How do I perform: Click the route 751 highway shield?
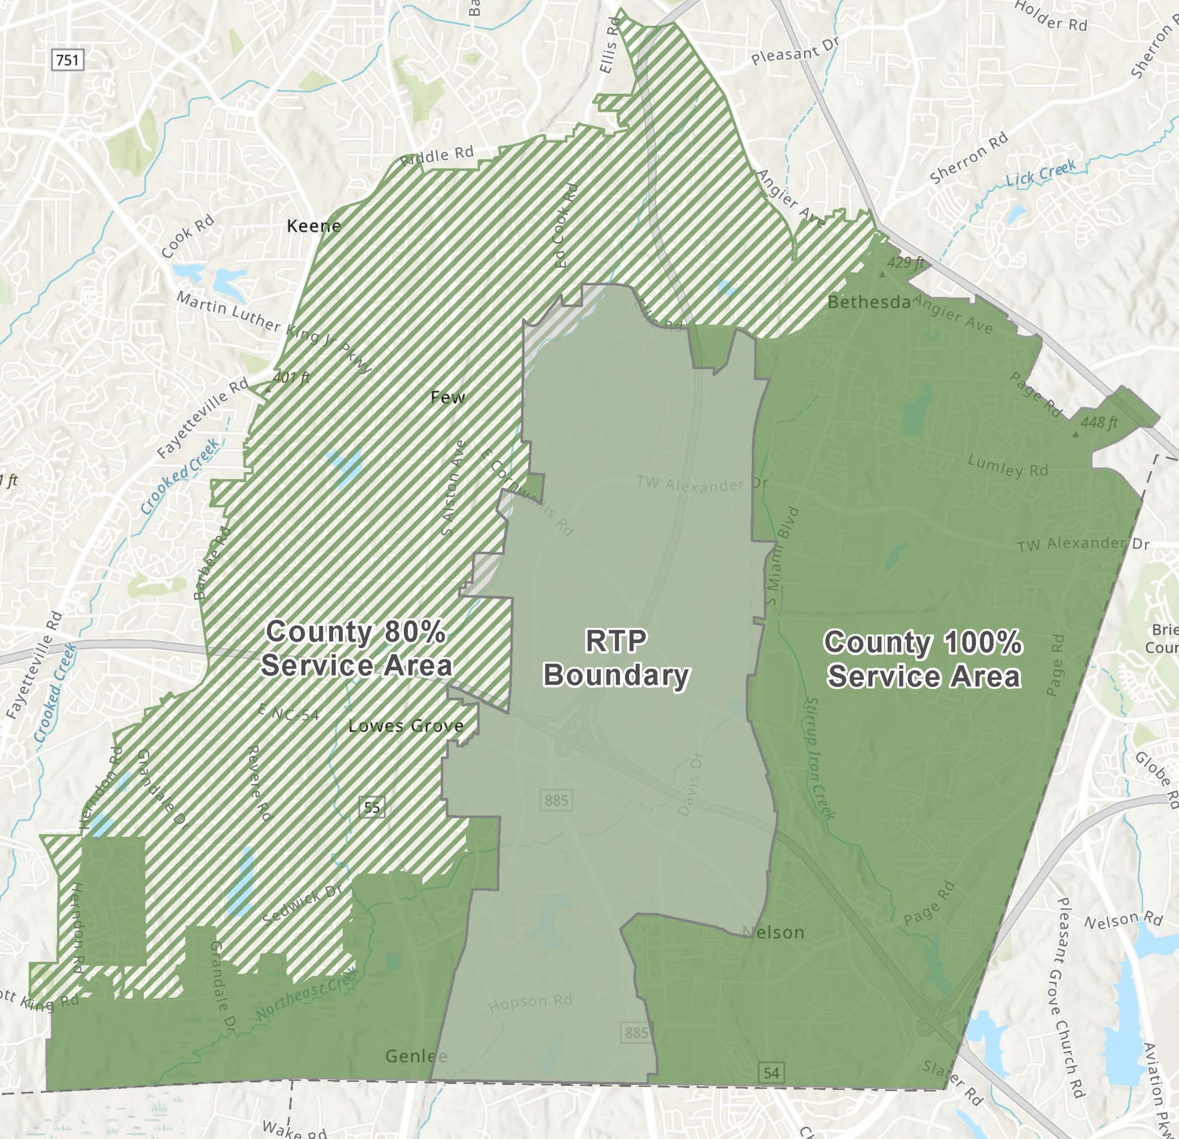click(67, 60)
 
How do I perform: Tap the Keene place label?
click(314, 226)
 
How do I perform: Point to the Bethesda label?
click(868, 302)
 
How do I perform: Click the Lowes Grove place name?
click(406, 725)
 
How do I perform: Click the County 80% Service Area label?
click(356, 649)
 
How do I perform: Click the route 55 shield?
click(372, 807)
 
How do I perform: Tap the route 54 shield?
click(771, 1072)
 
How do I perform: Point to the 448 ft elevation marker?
click(1098, 423)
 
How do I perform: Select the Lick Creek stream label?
click(1041, 173)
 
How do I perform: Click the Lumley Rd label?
click(1007, 465)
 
